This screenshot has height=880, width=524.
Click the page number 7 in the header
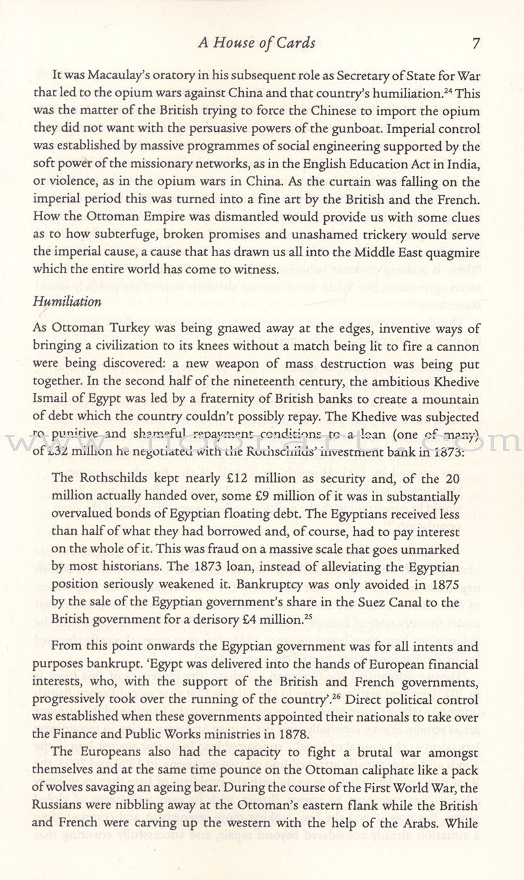tap(476, 44)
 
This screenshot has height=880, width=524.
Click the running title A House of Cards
tap(256, 44)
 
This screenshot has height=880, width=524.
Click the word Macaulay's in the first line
tap(124, 77)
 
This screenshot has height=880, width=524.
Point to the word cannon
tap(456, 347)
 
